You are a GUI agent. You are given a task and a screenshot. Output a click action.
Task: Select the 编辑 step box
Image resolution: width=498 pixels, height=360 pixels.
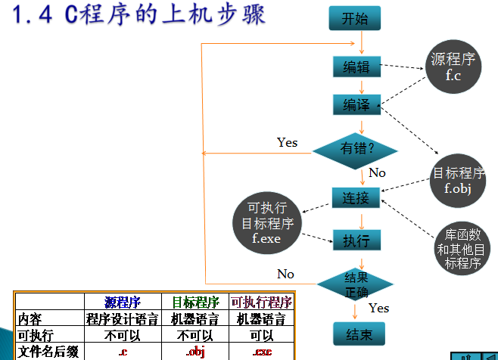[356, 67]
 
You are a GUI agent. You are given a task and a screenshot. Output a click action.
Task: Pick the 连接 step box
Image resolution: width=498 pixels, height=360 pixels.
[356, 198]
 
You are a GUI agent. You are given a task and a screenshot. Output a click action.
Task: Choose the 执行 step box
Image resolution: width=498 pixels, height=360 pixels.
[356, 241]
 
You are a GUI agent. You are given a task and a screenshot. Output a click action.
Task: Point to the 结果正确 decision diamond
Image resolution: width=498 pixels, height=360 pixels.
[356, 284]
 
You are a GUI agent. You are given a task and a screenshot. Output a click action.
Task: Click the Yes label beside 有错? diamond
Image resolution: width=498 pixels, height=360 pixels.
[288, 142]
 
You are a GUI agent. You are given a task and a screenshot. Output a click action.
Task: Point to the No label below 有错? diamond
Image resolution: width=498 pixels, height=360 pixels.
[377, 173]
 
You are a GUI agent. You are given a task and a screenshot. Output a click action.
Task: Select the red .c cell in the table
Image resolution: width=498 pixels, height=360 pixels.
[122, 352]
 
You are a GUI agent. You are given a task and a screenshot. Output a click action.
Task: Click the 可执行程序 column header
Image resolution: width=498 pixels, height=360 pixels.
[261, 302]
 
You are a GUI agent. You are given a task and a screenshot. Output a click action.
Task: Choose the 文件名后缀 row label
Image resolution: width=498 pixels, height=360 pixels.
[48, 352]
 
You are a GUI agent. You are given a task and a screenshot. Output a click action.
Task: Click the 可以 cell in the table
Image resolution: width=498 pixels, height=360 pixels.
[261, 335]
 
